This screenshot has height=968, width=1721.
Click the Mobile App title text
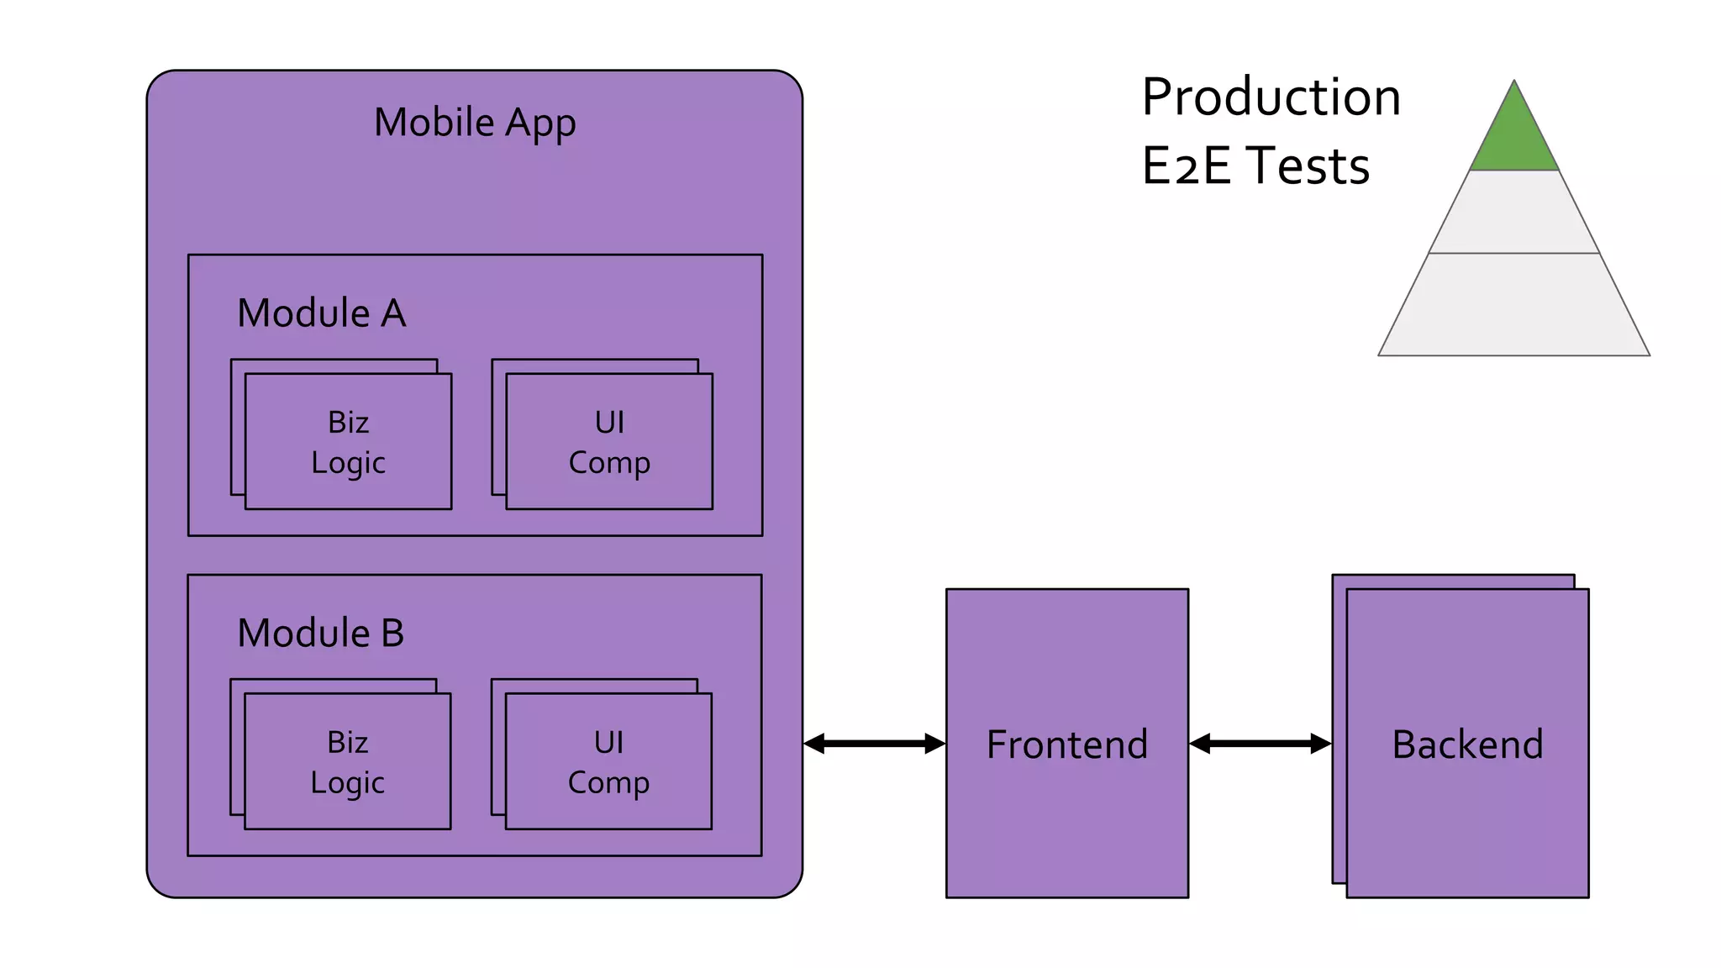click(x=475, y=123)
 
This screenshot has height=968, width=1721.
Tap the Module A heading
click(x=322, y=313)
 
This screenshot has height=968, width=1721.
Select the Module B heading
click(x=321, y=634)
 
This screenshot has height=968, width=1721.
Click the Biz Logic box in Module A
click(x=348, y=442)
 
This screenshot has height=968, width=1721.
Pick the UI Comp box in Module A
click(x=609, y=442)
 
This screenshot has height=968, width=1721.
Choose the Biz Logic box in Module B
click(x=347, y=762)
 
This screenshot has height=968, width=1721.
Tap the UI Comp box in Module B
click(x=608, y=762)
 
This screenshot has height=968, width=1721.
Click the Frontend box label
click(x=1067, y=744)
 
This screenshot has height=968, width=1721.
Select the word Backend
click(x=1467, y=744)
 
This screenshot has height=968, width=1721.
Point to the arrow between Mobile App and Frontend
click(x=875, y=744)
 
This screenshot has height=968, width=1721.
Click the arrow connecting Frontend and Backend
click(x=1260, y=744)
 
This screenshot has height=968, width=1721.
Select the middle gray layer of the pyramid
click(x=1514, y=213)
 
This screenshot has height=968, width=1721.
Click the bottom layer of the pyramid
click(x=1514, y=305)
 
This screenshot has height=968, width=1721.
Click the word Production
click(x=1271, y=97)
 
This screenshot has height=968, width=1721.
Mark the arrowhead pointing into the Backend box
click(x=1321, y=744)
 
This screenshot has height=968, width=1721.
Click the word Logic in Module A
click(x=348, y=463)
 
